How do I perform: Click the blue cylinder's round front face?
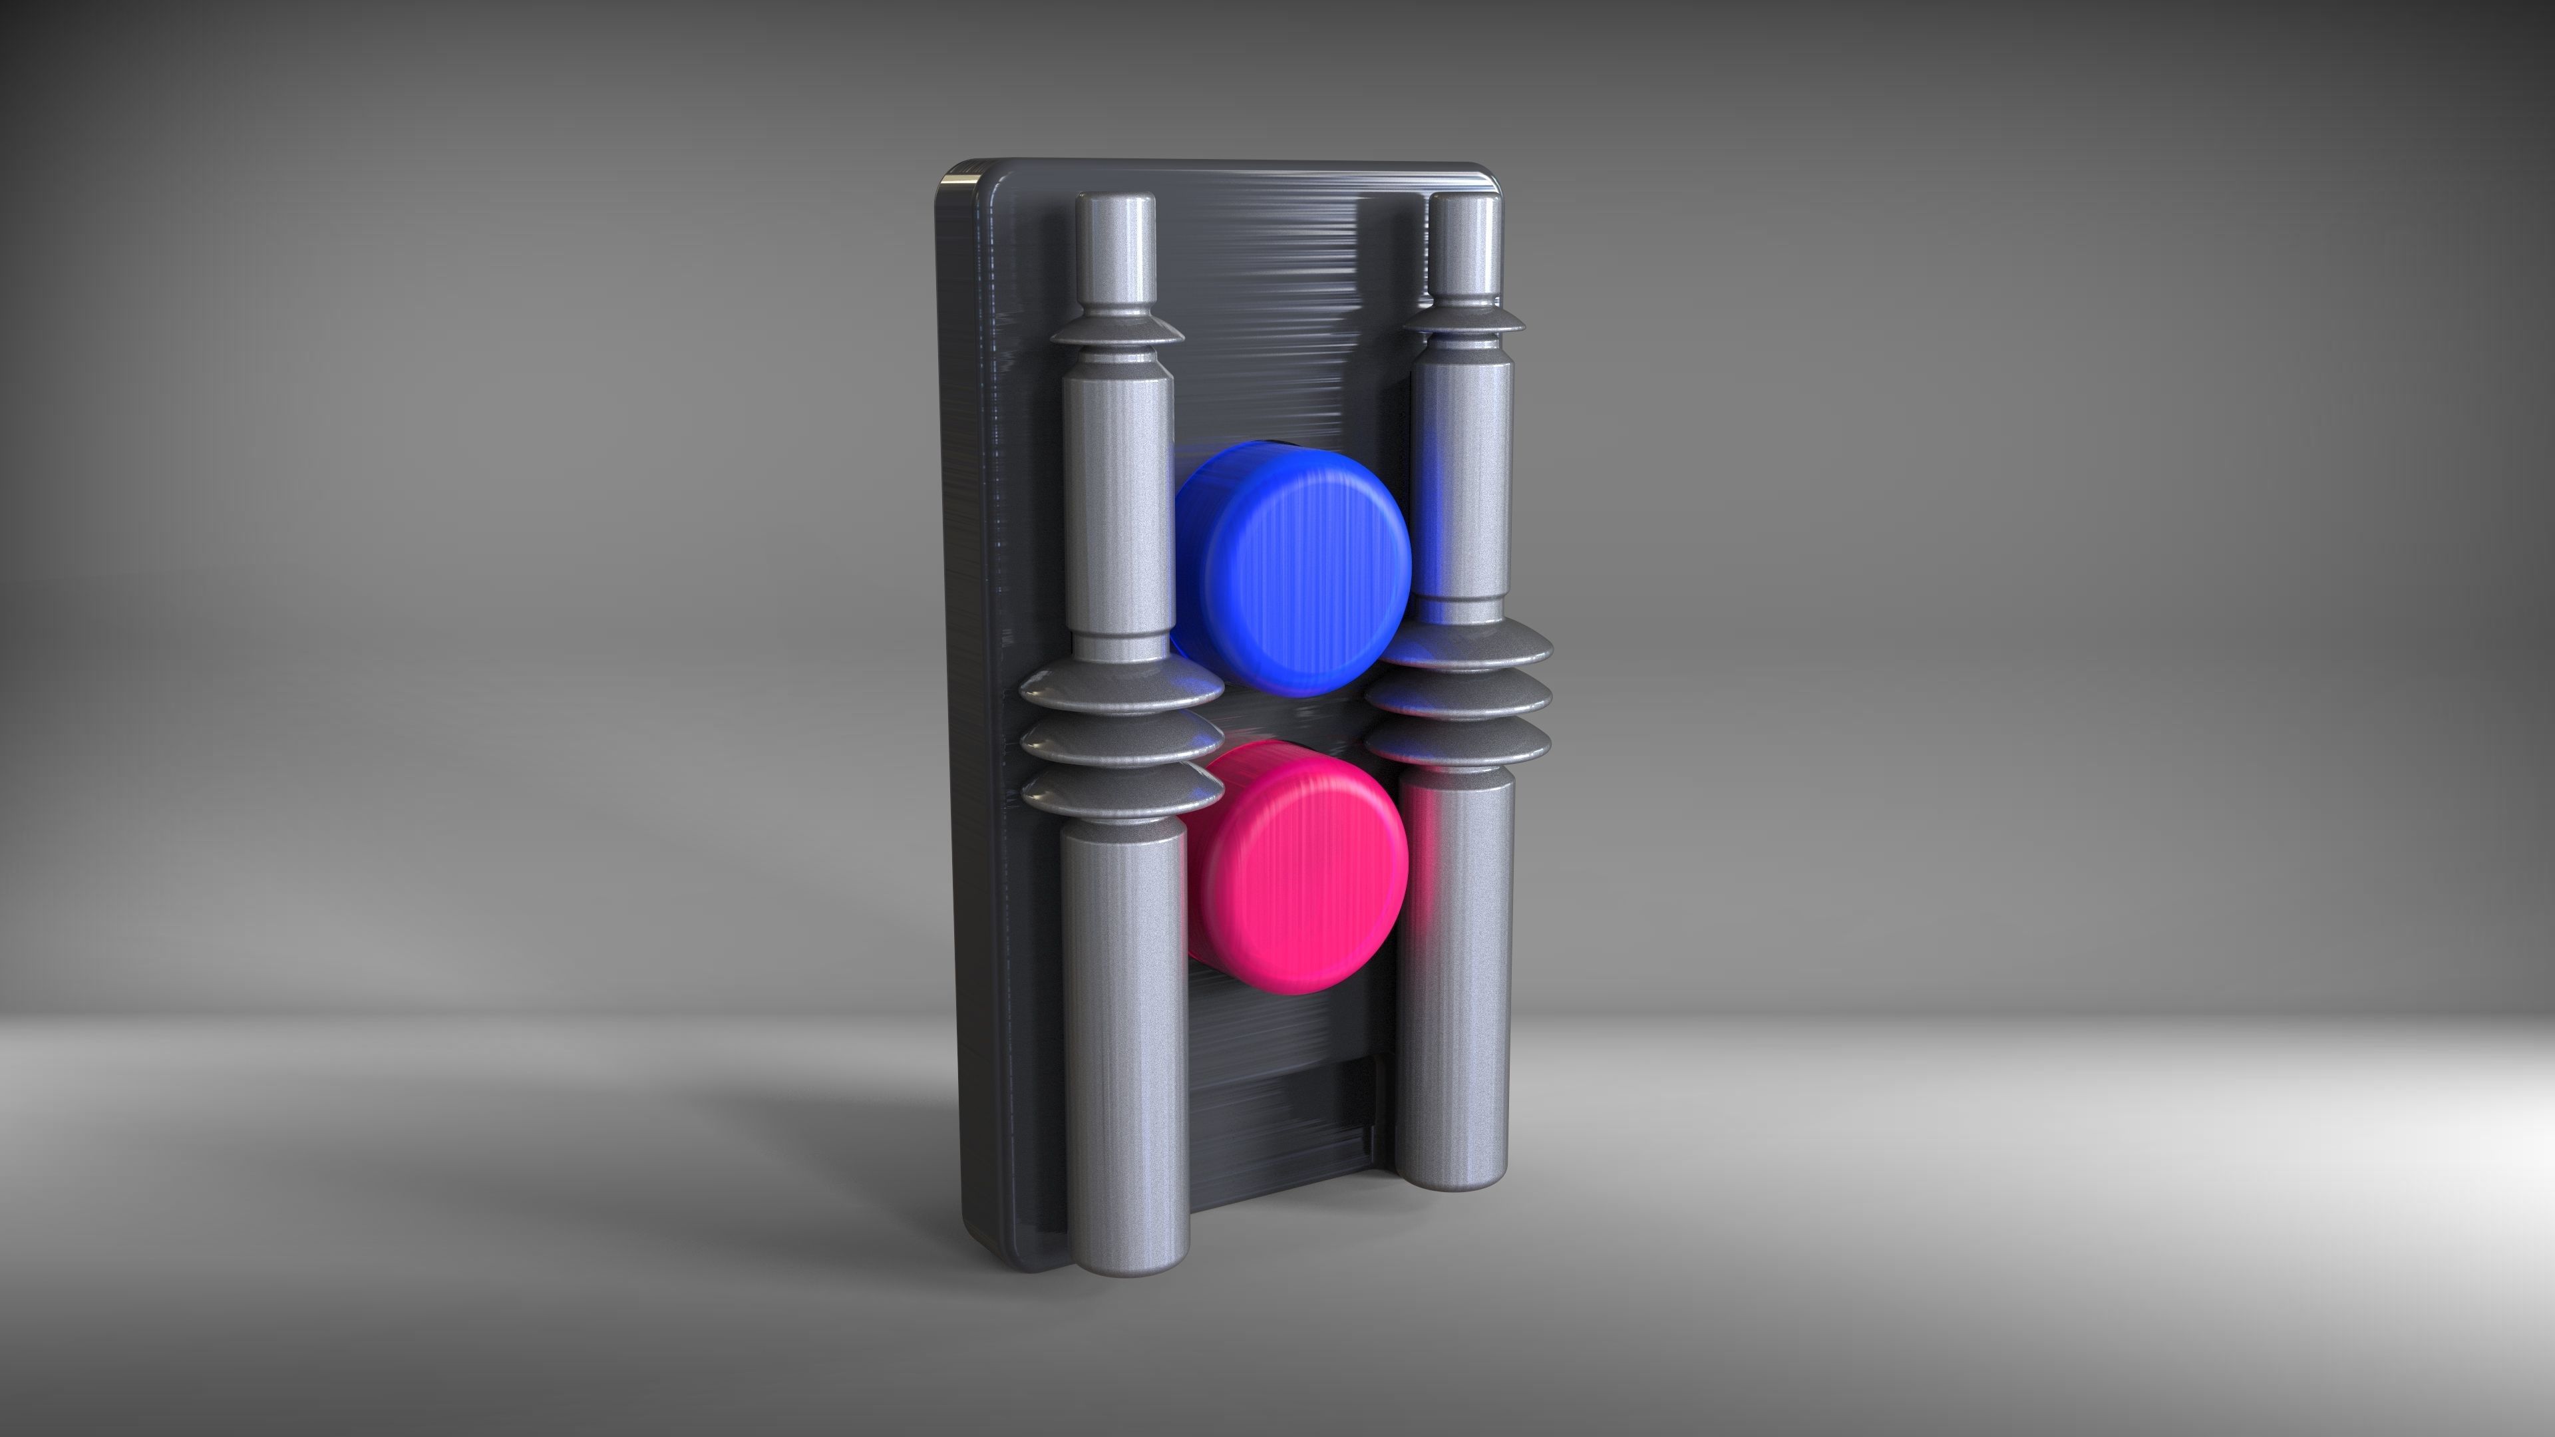point(1309,585)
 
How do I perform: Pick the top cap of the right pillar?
point(1466,202)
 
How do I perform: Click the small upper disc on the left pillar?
point(1117,332)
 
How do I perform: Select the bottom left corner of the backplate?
point(992,1255)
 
